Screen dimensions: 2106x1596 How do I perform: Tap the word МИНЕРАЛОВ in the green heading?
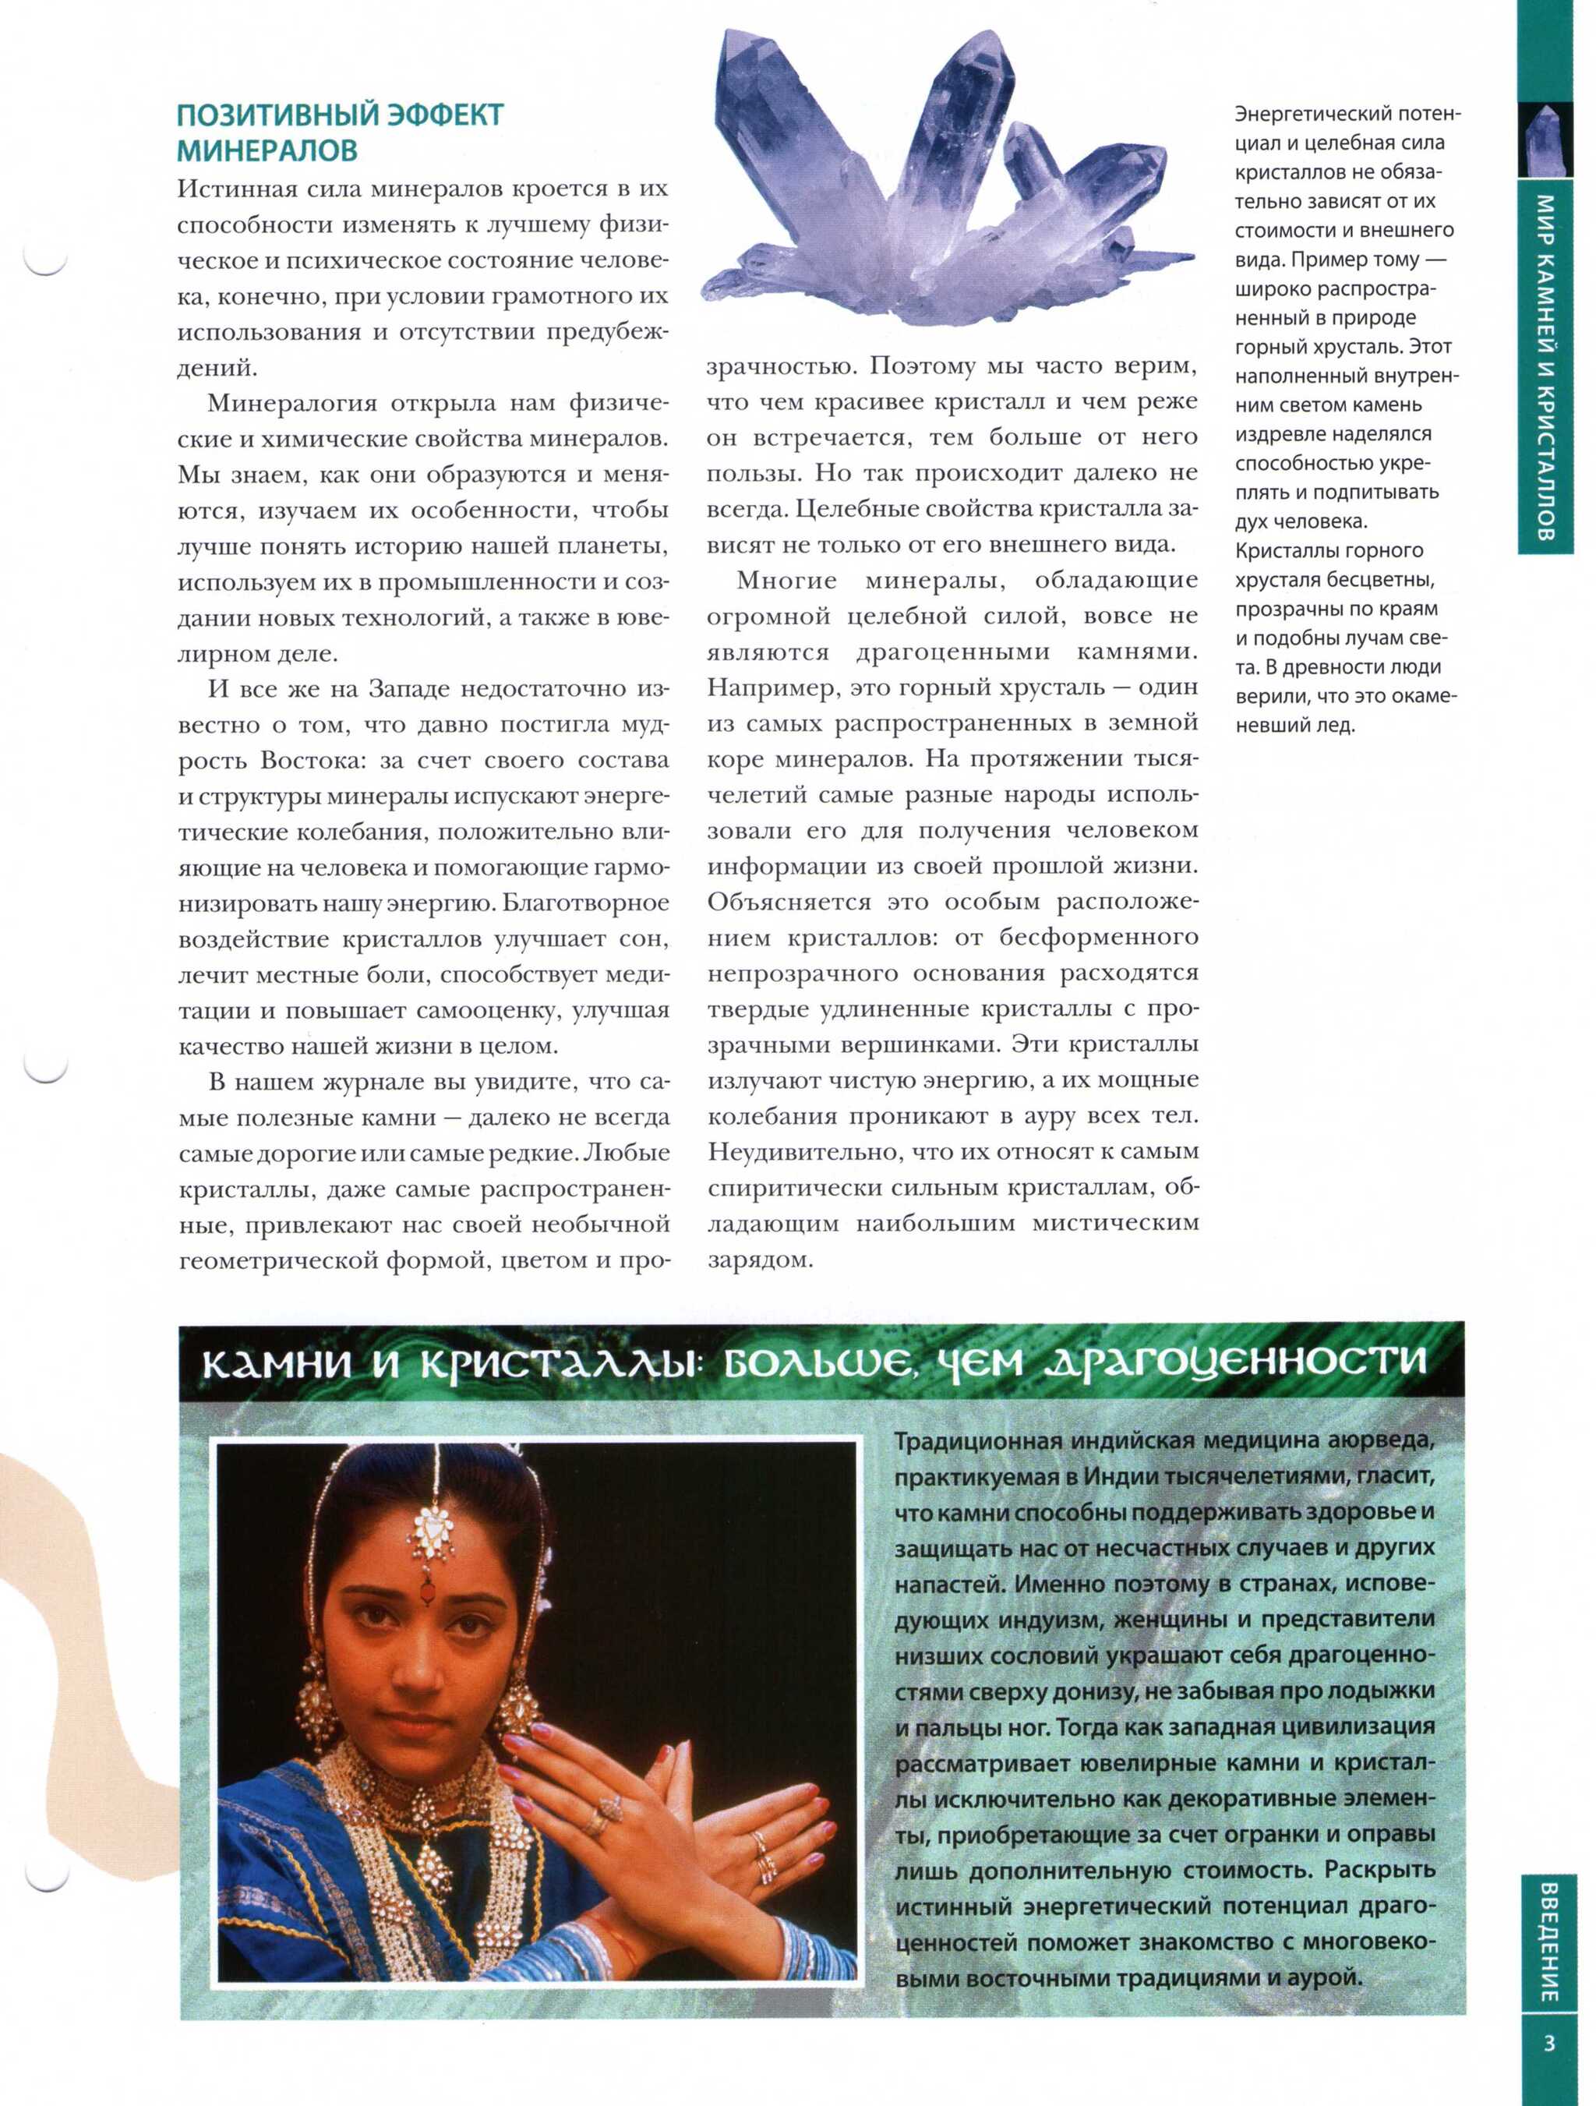coord(267,150)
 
